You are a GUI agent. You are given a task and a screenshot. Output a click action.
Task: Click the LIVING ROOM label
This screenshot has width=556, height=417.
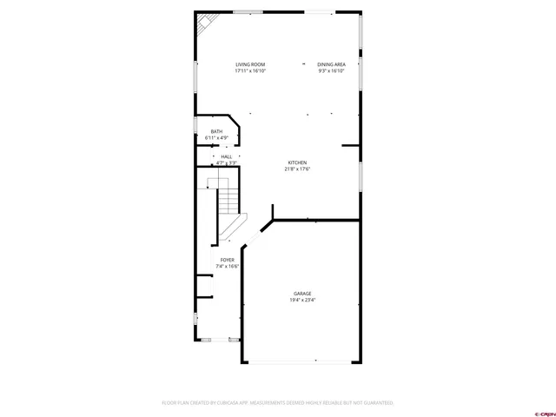coord(250,64)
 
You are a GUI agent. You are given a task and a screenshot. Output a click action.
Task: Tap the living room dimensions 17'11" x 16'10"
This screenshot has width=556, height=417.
coord(250,71)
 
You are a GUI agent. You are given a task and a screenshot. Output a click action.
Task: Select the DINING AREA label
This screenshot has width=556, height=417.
coord(332,64)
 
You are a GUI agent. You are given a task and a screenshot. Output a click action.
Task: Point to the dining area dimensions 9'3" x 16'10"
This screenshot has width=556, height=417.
coord(332,71)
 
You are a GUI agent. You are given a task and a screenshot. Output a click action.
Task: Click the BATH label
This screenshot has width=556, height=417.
coord(216,131)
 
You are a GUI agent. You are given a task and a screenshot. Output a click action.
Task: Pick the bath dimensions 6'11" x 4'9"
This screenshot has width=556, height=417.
coord(216,138)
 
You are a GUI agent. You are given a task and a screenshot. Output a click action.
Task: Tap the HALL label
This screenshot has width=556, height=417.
coord(226,156)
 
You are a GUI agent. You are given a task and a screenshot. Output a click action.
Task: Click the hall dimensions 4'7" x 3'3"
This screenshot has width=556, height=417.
coord(226,163)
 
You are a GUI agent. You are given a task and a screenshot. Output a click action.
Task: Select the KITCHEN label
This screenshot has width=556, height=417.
coord(297,162)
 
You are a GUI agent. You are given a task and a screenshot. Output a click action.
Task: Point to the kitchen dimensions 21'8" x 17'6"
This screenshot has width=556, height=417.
coord(297,169)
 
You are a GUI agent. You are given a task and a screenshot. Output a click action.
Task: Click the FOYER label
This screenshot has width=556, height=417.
coord(227,260)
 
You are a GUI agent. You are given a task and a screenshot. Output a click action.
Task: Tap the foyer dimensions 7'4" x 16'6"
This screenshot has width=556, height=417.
coord(227,267)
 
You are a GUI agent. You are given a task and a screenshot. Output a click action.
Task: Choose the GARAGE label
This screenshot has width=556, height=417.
coord(302,294)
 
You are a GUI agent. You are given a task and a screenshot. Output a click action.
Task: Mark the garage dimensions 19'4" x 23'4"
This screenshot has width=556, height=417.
coord(302,301)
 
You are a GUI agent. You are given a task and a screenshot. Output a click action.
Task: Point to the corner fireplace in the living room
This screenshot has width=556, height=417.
coord(204,23)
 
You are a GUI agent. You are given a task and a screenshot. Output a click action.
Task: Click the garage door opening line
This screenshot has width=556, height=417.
coord(301,361)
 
